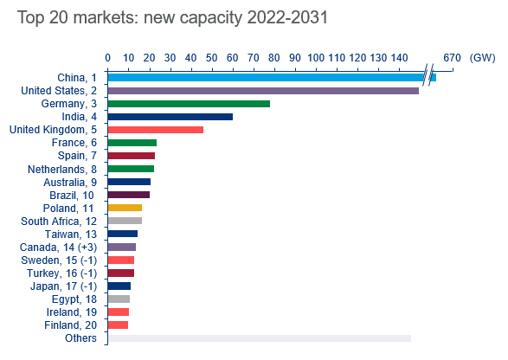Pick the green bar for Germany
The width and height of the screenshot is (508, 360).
click(189, 104)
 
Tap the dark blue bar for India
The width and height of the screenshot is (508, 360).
click(170, 117)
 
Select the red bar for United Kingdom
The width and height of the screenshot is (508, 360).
click(156, 130)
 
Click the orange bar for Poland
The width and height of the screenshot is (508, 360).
click(125, 208)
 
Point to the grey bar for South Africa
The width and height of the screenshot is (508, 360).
click(125, 221)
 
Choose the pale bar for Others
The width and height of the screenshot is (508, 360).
click(259, 337)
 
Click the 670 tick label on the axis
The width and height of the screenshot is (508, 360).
click(452, 57)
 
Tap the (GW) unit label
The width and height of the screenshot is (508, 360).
click(482, 57)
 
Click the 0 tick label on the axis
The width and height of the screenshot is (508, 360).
click(107, 57)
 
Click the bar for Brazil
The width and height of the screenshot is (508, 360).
click(129, 195)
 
